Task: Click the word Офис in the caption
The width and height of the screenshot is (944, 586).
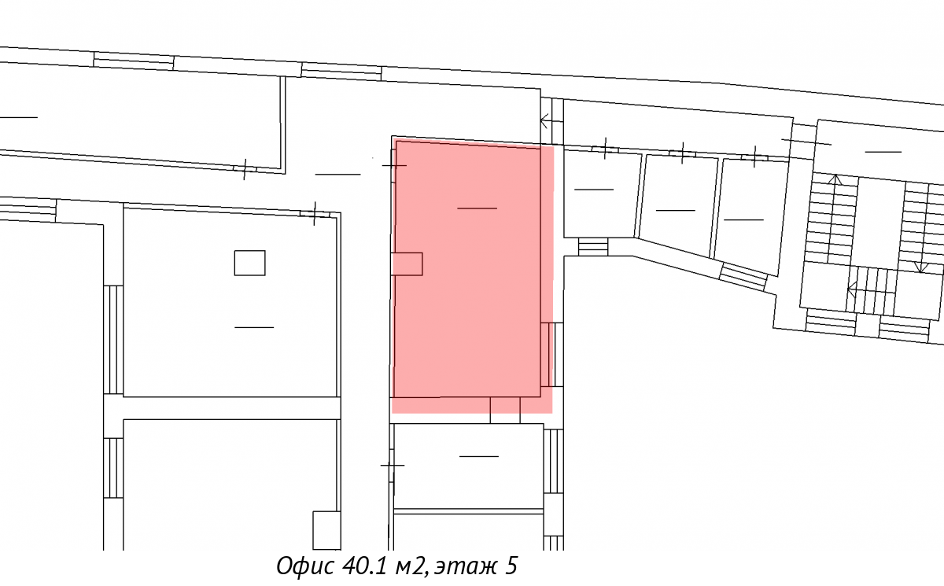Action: tap(306, 566)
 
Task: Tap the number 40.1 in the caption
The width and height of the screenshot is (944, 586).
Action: tap(364, 566)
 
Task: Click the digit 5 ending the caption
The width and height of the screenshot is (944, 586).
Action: tap(511, 566)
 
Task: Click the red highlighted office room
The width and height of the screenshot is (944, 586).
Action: tap(472, 274)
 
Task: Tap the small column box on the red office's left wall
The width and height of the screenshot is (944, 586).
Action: tap(407, 264)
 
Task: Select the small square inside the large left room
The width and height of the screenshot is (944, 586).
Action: tap(250, 263)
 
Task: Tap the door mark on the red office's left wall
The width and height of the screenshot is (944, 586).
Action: tap(394, 165)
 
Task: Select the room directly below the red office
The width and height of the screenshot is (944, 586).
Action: tap(468, 466)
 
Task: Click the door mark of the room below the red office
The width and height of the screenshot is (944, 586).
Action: tap(393, 465)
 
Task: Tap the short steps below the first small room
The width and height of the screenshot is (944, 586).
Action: tap(593, 246)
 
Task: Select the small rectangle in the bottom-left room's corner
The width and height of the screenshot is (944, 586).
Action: tap(326, 530)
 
